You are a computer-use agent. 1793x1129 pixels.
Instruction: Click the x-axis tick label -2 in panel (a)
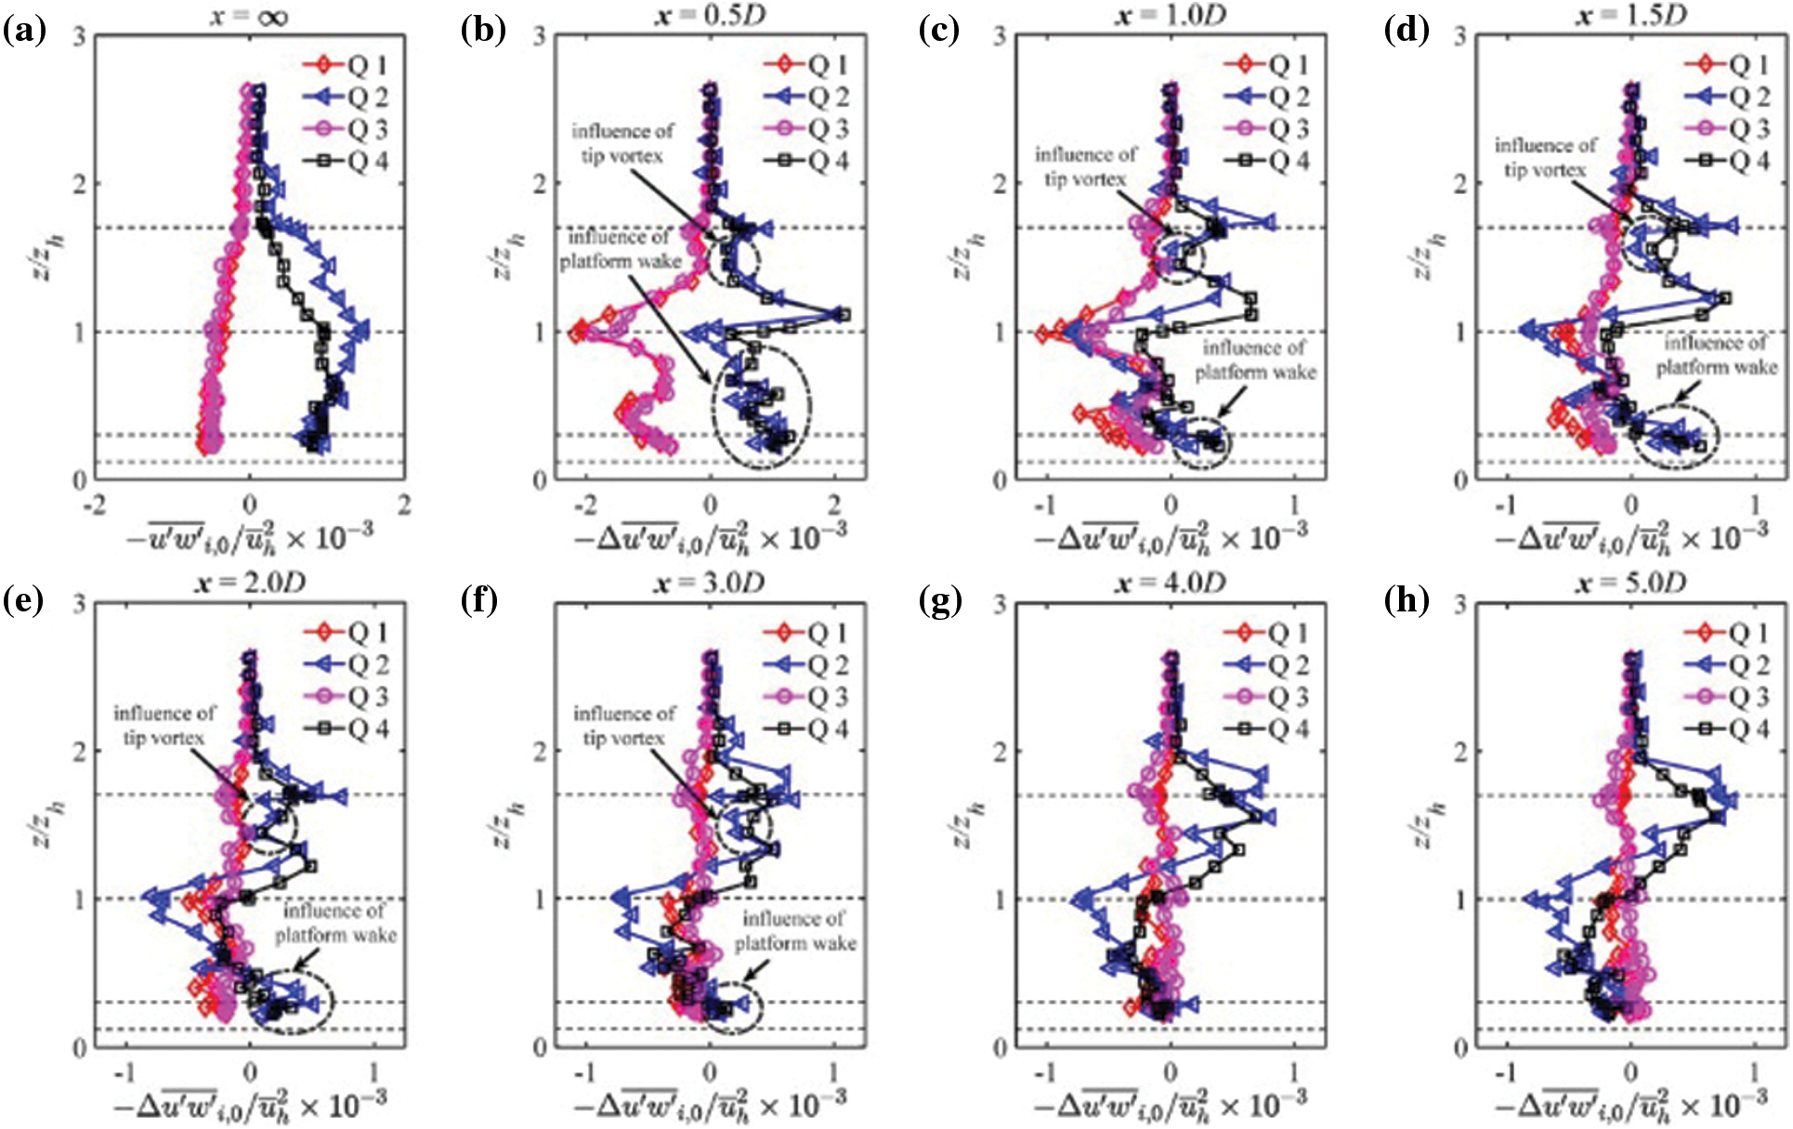coord(95,506)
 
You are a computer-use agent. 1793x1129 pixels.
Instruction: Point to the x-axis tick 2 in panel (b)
coord(834,506)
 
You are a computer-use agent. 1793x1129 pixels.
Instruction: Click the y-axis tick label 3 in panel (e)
coord(80,605)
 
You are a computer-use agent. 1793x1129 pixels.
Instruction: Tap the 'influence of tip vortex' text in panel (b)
coord(622,143)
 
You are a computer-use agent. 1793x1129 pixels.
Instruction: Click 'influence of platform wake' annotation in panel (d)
coord(1717,355)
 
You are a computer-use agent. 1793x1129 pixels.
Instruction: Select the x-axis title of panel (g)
coord(1171,1103)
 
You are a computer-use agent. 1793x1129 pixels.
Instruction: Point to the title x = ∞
coord(248,16)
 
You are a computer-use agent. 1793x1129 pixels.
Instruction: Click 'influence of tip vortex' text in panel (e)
coord(164,726)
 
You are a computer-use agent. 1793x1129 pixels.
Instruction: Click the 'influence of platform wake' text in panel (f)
coord(795,930)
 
